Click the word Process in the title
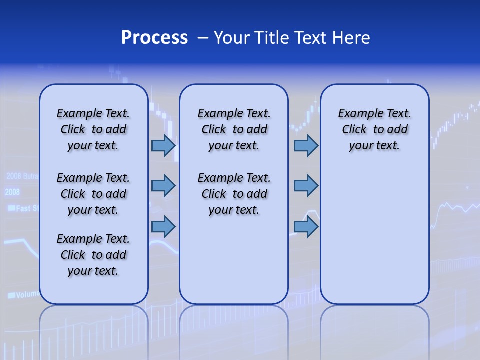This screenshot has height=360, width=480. [154, 38]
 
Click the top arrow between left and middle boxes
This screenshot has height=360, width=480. [163, 145]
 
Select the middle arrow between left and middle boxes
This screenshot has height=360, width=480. [163, 186]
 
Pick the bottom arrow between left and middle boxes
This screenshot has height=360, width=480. [163, 226]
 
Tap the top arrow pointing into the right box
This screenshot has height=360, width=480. [306, 145]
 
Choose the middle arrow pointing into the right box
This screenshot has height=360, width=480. [306, 186]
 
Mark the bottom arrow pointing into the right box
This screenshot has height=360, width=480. [306, 226]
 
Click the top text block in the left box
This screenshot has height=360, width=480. [93, 129]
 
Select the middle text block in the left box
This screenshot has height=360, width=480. [93, 194]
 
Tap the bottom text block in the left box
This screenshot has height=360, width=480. [93, 255]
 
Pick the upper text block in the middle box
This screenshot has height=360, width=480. [234, 129]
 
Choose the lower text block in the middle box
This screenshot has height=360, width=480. [234, 194]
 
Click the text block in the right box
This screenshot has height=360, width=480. [374, 129]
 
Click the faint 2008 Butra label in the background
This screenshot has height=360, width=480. [22, 176]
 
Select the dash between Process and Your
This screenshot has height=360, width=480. [203, 38]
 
